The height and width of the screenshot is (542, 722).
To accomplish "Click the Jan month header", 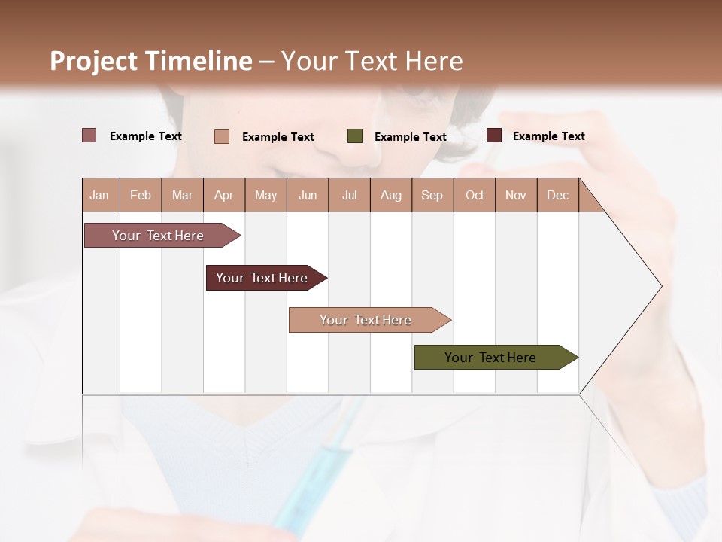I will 100,195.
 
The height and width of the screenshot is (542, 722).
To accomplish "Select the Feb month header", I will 141,195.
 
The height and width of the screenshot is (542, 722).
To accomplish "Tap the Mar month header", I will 182,195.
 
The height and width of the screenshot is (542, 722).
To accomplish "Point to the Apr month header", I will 224,195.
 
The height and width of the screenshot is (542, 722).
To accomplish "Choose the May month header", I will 265,195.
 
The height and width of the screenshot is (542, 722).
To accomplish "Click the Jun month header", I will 308,195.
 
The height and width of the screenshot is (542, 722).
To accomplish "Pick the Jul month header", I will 349,195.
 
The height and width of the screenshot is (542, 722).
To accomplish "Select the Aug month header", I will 391,195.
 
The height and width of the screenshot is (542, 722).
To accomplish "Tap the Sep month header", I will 432,195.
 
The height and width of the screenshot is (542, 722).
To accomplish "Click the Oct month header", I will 475,195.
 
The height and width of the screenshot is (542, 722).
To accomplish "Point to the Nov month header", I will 516,195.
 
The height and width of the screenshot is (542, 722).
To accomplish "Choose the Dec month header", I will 558,195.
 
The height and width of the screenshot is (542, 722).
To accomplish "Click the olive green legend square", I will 355,136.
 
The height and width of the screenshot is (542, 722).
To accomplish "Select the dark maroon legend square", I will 494,135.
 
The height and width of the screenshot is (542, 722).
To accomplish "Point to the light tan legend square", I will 222,136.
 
